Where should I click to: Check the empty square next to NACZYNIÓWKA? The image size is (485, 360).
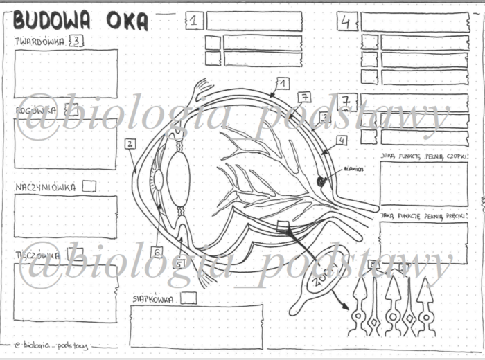[89, 186]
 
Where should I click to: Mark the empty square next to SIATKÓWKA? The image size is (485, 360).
[188, 298]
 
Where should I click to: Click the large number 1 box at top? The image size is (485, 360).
[195, 21]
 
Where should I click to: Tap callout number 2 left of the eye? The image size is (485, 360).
[130, 144]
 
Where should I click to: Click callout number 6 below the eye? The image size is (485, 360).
[157, 252]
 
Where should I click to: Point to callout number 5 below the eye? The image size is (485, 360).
[179, 263]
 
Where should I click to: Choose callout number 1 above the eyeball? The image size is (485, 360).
[282, 84]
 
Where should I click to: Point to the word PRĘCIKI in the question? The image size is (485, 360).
[451, 216]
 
